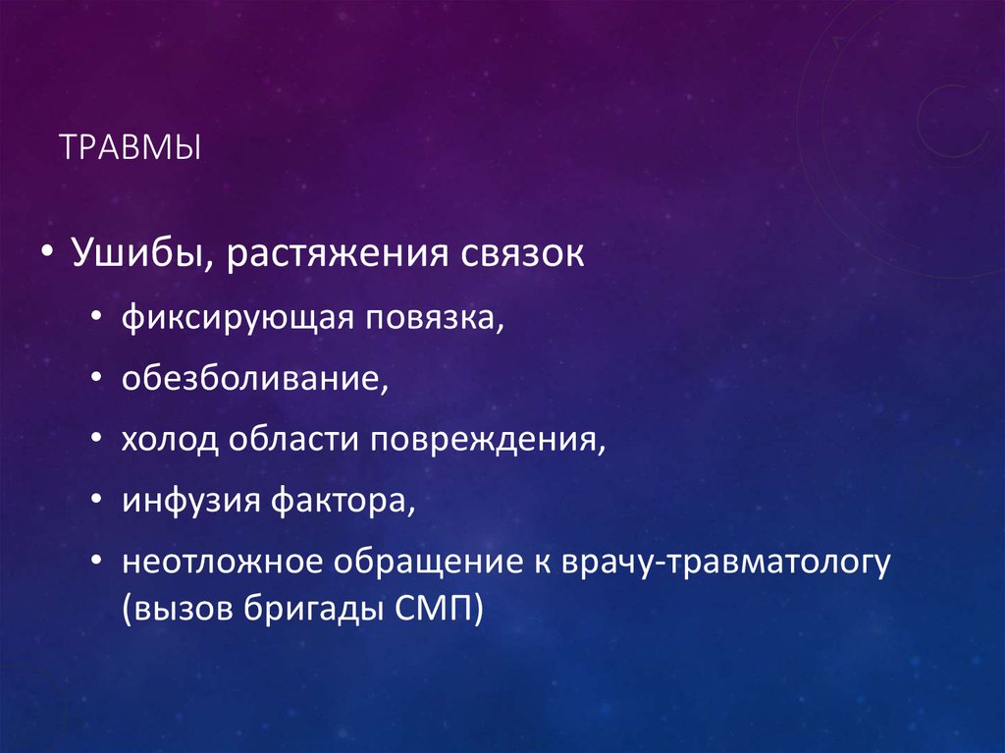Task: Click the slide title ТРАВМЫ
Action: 130,150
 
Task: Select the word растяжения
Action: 338,254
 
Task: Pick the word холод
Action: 170,440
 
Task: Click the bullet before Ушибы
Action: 46,256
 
